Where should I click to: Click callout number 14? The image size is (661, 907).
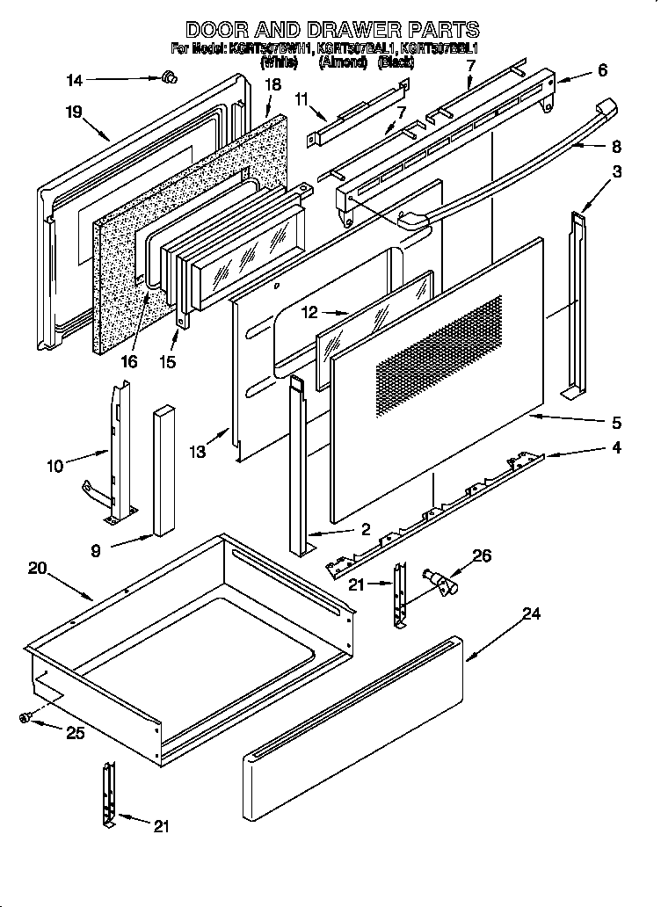[74, 81]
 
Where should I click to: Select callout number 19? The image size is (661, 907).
[73, 112]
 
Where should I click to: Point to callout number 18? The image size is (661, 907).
[272, 85]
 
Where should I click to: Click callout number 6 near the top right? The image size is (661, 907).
[602, 70]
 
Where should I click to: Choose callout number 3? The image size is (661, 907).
[617, 172]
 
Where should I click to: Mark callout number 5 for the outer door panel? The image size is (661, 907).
[617, 421]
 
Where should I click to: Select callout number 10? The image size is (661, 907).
[55, 467]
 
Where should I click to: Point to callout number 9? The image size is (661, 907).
[95, 551]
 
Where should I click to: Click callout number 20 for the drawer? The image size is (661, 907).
[36, 568]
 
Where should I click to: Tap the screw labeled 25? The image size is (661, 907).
[25, 718]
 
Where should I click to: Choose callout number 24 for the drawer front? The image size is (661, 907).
[531, 614]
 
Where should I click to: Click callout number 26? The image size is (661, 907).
[482, 555]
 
